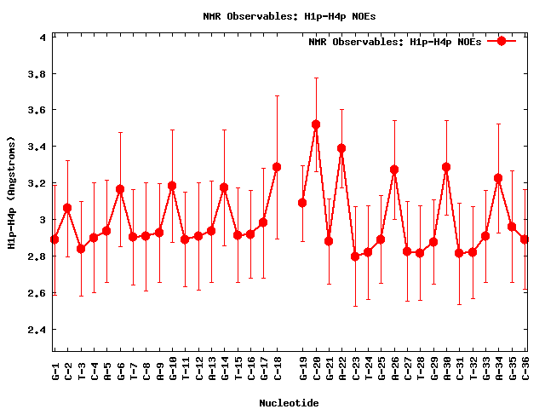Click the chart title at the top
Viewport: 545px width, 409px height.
(x=272, y=16)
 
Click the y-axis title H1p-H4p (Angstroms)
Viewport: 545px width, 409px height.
(x=12, y=193)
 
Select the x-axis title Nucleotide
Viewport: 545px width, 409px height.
(x=290, y=403)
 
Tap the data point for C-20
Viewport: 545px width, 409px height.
(x=316, y=124)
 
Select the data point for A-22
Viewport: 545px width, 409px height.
(x=341, y=148)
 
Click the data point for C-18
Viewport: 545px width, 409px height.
(x=277, y=167)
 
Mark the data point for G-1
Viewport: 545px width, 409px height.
(x=54, y=239)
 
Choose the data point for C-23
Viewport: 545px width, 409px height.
(x=355, y=256)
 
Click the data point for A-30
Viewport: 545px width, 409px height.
(x=446, y=167)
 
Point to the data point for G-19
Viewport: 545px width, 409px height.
(x=302, y=203)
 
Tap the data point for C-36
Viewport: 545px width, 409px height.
(x=525, y=239)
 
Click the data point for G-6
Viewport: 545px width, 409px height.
(x=120, y=189)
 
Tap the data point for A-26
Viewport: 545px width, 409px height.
(x=394, y=170)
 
